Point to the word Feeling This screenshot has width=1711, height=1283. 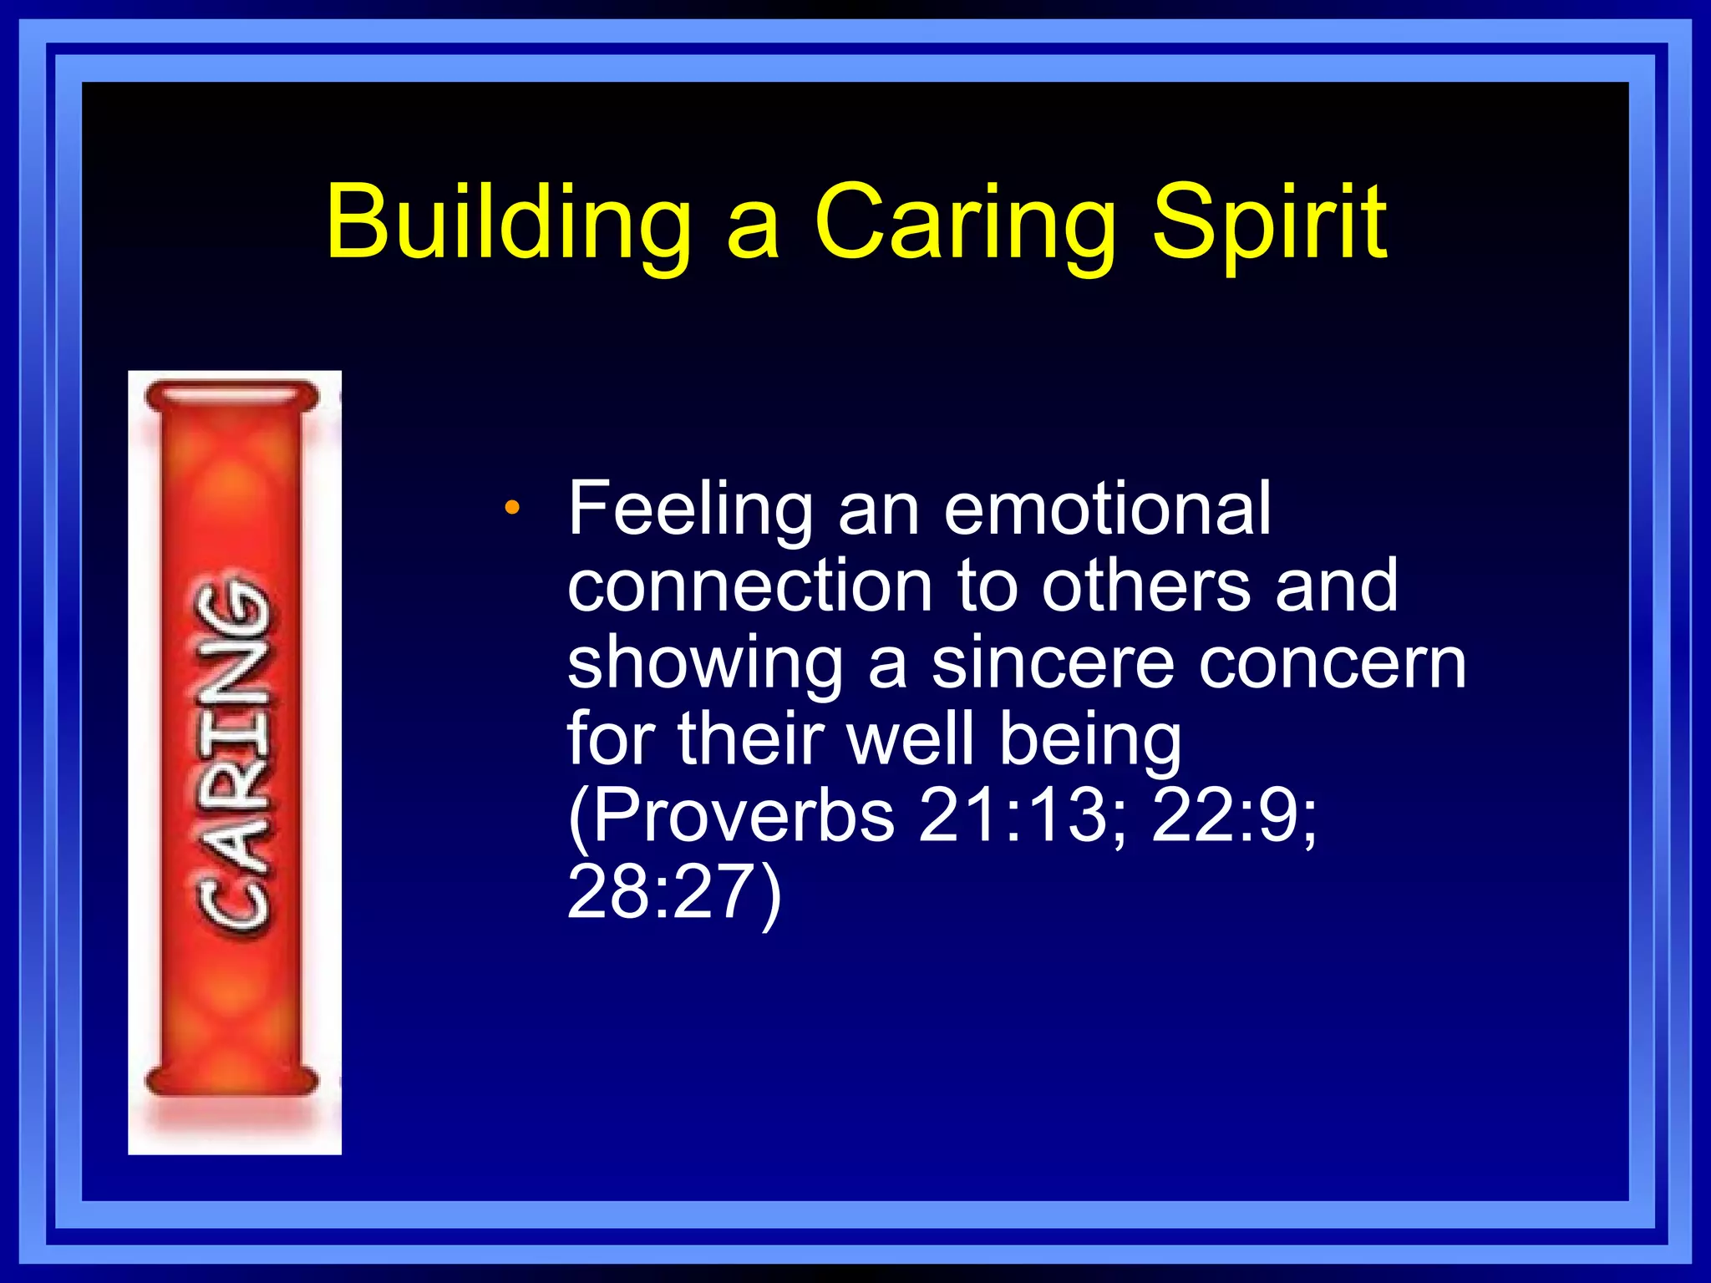point(690,510)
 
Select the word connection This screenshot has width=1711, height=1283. point(749,586)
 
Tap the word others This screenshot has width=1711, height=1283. point(1146,586)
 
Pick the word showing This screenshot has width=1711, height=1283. point(705,665)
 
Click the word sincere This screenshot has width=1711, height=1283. point(1053,663)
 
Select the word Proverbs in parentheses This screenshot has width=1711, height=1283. point(742,816)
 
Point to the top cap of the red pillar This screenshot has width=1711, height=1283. point(231,395)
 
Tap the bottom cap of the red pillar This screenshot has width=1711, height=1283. point(231,1081)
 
